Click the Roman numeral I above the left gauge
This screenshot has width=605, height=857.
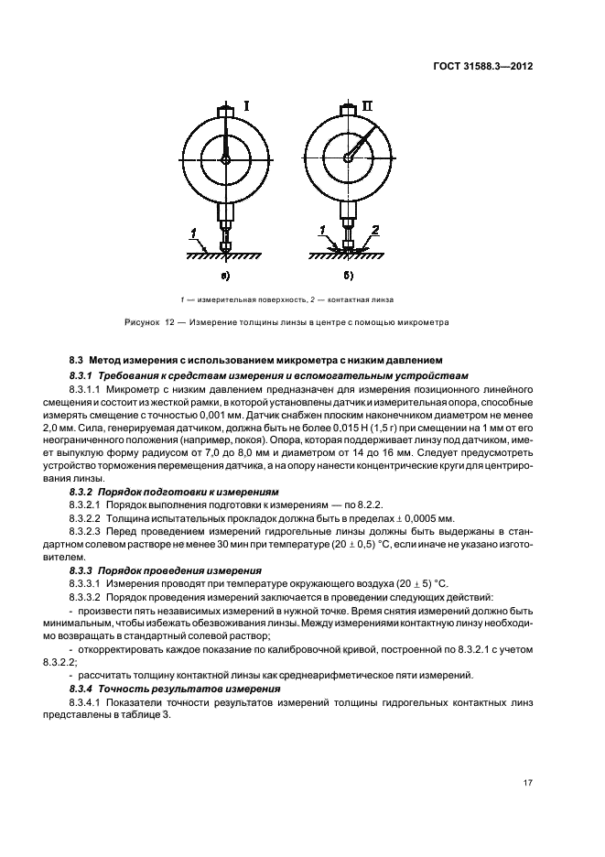coord(246,107)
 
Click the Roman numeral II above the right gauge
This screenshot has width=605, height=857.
coord(367,107)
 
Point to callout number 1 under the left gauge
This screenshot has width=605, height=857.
coord(194,230)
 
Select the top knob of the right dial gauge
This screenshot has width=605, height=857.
coord(348,112)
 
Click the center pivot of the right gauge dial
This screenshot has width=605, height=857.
coord(348,157)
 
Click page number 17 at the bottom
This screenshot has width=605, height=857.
coord(529,783)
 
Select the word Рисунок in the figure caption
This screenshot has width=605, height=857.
coord(143,322)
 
